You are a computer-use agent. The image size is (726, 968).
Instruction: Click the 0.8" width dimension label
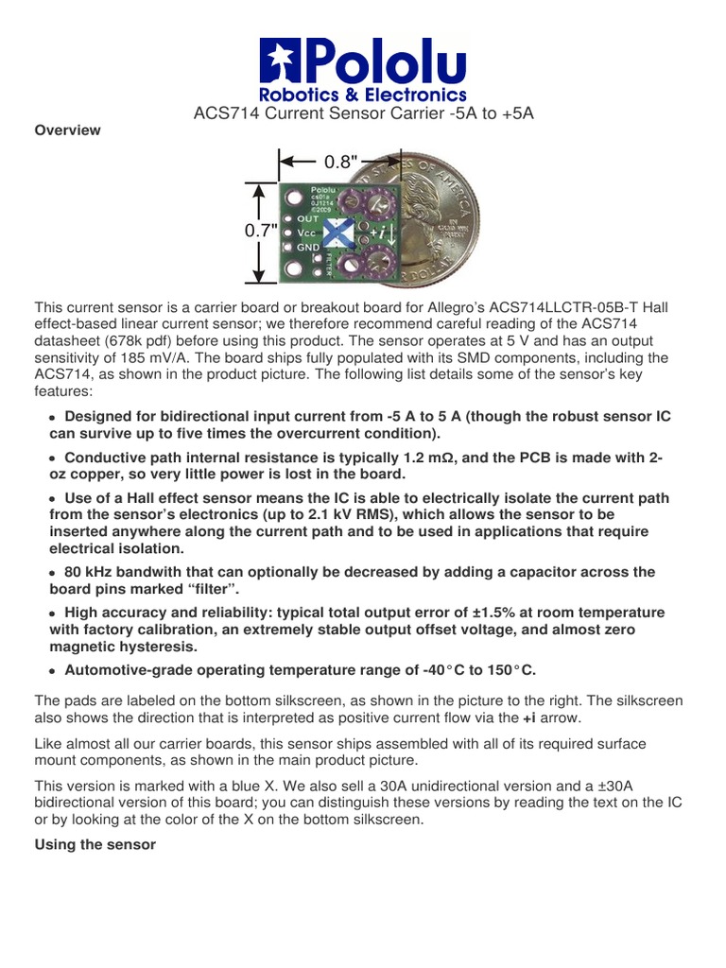tap(341, 162)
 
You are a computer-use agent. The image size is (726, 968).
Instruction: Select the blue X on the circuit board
tap(338, 232)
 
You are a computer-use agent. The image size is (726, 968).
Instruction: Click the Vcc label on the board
tap(307, 231)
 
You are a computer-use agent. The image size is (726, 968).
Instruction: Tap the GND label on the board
tap(309, 246)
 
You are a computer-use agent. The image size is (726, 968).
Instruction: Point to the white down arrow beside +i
tap(390, 231)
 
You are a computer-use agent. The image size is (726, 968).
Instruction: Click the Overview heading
tap(67, 130)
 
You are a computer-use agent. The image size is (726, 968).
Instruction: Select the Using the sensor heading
tap(95, 844)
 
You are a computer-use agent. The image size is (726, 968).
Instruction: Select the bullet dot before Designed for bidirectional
tap(53, 418)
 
